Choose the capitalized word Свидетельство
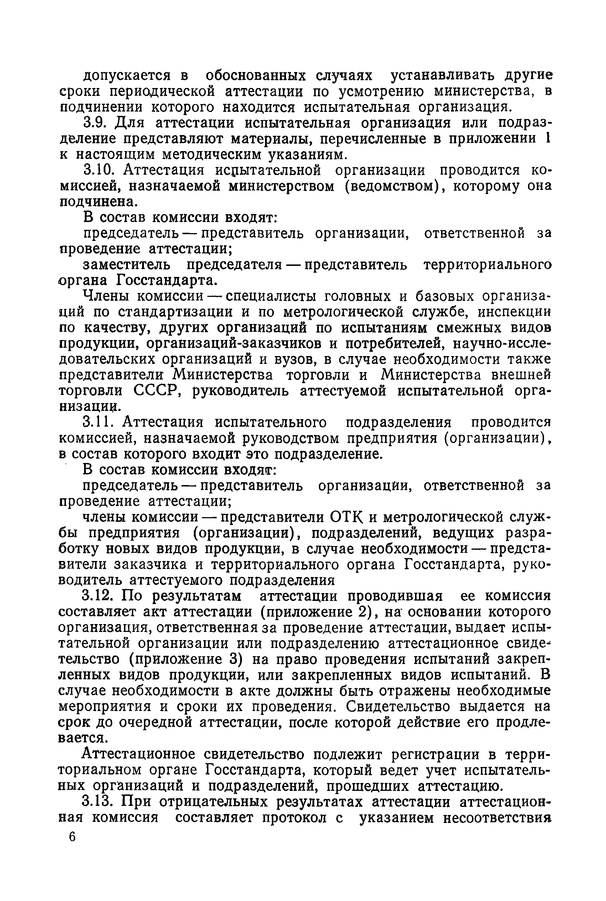point(398,706)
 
